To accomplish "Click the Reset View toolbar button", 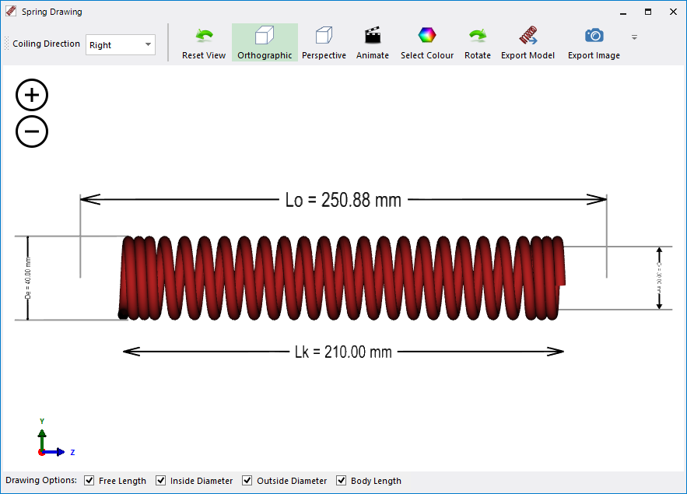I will (204, 43).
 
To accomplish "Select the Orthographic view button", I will (265, 43).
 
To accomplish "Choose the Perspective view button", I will (324, 43).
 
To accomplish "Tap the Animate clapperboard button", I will (373, 43).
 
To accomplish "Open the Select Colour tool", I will (427, 43).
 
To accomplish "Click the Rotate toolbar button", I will (478, 43).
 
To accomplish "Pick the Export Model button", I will (528, 43).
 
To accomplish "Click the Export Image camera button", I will (594, 43).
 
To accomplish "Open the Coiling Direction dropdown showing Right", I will (121, 45).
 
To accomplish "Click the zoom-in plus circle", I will (32, 96).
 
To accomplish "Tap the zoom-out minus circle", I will (32, 131).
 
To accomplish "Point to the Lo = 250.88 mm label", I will (343, 200).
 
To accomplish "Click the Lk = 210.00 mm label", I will (343, 352).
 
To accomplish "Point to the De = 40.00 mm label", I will (28, 278).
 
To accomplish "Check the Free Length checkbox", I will (89, 481).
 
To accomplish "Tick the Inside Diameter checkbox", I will (161, 481).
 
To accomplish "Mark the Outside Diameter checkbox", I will (247, 481).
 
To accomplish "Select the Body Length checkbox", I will (342, 481).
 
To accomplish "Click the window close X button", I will (673, 12).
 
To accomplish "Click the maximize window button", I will (647, 12).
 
